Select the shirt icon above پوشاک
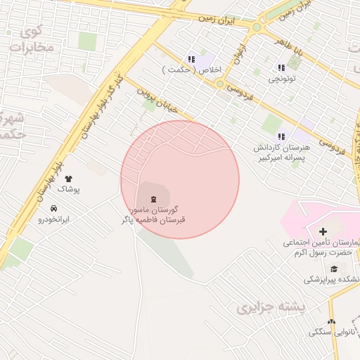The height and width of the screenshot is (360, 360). click(x=68, y=179)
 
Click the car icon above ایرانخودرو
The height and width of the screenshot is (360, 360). click(x=54, y=208)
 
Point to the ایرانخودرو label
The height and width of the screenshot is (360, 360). click(x=54, y=219)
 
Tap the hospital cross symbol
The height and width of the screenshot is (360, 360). click(x=323, y=231)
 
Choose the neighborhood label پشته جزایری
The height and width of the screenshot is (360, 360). click(x=262, y=307)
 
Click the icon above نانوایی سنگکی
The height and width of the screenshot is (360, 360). click(x=331, y=321)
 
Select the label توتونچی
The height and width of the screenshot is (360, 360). click(x=283, y=79)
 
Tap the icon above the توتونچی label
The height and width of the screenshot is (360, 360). click(x=282, y=67)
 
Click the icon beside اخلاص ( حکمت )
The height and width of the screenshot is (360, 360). click(x=191, y=59)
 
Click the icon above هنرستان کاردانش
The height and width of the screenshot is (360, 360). click(x=281, y=136)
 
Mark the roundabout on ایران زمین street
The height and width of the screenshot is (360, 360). click(x=257, y=28)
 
